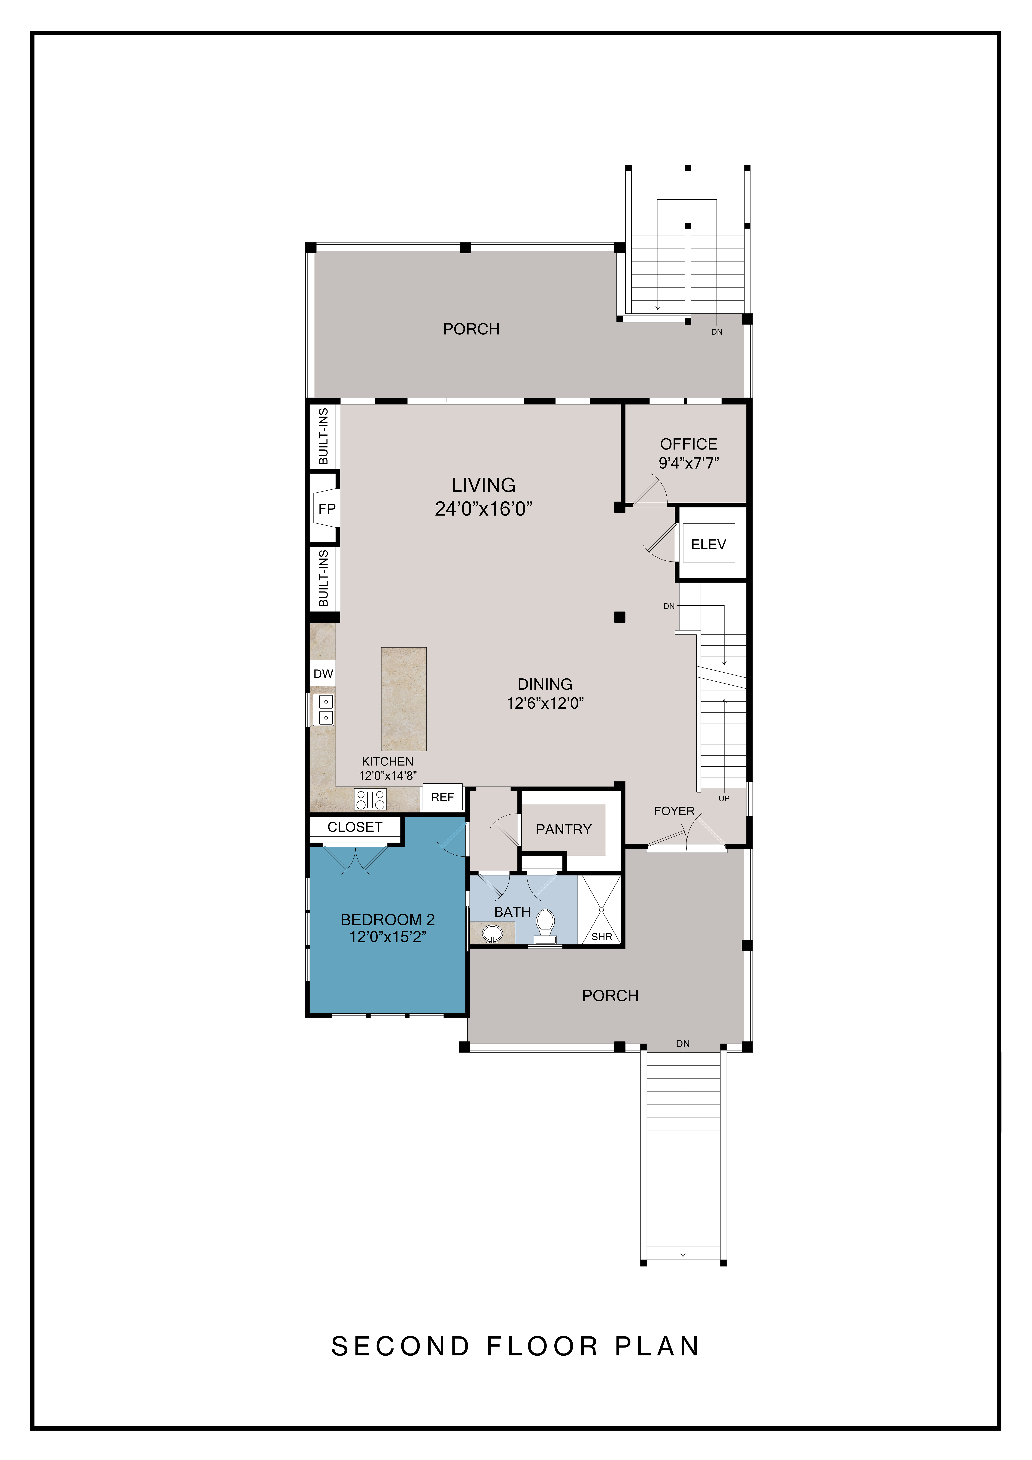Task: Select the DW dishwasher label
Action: click(x=323, y=673)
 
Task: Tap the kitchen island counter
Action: click(x=404, y=699)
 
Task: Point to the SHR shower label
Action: click(x=601, y=937)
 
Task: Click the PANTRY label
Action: click(x=563, y=829)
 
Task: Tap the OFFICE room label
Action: click(x=689, y=444)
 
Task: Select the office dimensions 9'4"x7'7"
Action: click(x=689, y=463)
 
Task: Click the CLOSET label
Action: click(x=355, y=827)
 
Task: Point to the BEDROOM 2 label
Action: click(x=388, y=920)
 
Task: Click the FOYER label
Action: click(x=674, y=811)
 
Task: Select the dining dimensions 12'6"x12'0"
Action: click(x=545, y=703)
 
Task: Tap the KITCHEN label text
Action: click(x=387, y=761)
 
